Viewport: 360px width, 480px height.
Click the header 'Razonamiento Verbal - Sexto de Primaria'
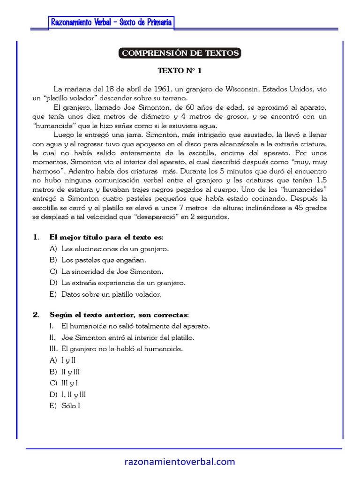[112, 22]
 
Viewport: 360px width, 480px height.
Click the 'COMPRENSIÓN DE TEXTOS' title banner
[180, 53]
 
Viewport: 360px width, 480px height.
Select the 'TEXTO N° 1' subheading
[180, 71]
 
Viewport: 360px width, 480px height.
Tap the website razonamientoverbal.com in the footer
[180, 462]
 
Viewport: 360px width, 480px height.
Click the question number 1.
[36, 237]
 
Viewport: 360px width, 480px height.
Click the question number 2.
[36, 314]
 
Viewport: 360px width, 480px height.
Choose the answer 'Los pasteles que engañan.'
[104, 260]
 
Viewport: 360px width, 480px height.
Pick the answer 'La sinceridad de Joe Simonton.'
[112, 271]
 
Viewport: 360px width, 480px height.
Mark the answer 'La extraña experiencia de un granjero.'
[123, 283]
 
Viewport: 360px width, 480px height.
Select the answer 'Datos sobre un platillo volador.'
[111, 294]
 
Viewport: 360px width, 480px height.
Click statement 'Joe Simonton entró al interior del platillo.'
[127, 337]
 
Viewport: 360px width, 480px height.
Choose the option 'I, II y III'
[74, 394]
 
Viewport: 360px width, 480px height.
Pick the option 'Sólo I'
[71, 406]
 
